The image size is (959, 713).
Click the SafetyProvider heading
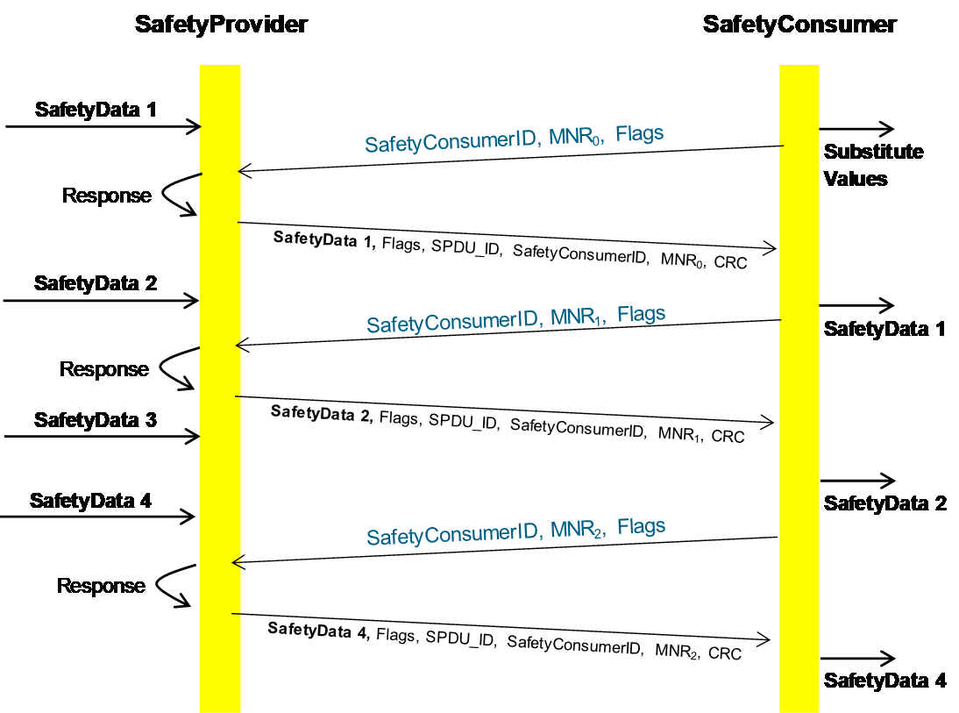(x=221, y=25)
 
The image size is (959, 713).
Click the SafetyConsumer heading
(x=799, y=25)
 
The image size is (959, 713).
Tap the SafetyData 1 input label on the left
(x=96, y=110)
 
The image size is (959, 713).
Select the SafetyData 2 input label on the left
(x=96, y=283)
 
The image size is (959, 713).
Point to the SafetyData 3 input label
(x=96, y=420)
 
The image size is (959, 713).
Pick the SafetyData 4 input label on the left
(x=90, y=501)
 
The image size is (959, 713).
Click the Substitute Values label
(x=873, y=165)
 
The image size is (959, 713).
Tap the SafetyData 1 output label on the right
(x=884, y=329)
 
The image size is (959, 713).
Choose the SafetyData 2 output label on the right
(x=885, y=503)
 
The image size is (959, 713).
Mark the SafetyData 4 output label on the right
(x=885, y=681)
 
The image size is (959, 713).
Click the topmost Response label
(x=106, y=196)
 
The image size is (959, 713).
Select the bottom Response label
(x=101, y=586)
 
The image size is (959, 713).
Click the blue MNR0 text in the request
(x=576, y=137)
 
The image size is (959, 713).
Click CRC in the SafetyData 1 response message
(x=730, y=262)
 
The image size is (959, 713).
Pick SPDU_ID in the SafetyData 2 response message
(x=463, y=422)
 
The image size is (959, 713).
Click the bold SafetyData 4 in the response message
(x=319, y=630)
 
